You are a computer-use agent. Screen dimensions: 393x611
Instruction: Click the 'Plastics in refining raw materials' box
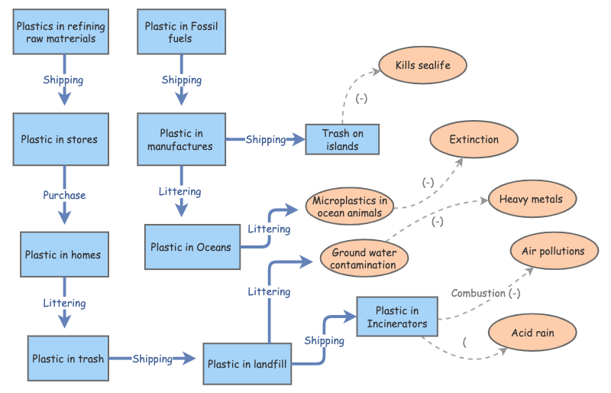pos(60,32)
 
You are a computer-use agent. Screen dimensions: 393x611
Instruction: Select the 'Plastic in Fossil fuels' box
pos(180,32)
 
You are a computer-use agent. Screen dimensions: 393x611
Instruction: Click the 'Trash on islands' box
pos(342,139)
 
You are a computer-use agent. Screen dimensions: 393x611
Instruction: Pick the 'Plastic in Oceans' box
pos(188,246)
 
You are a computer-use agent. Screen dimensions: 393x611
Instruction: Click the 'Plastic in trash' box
pos(68,358)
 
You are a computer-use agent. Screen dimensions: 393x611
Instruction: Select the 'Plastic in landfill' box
pos(247,364)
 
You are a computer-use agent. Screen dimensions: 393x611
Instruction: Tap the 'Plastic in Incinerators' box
pos(397,317)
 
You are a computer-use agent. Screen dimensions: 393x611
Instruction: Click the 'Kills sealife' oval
pos(422,65)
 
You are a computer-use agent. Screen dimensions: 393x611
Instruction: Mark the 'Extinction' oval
pos(474,140)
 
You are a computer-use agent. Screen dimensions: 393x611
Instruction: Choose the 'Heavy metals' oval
pos(531,200)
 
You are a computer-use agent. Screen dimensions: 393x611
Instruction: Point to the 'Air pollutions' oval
pos(553,251)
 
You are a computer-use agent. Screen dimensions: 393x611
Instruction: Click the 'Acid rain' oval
pos(532,333)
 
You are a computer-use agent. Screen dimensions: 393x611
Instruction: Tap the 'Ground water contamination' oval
pos(364,258)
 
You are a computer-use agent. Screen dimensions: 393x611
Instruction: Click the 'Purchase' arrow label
pos(64,195)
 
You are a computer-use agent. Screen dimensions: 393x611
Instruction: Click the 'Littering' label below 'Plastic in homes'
pos(64,303)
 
